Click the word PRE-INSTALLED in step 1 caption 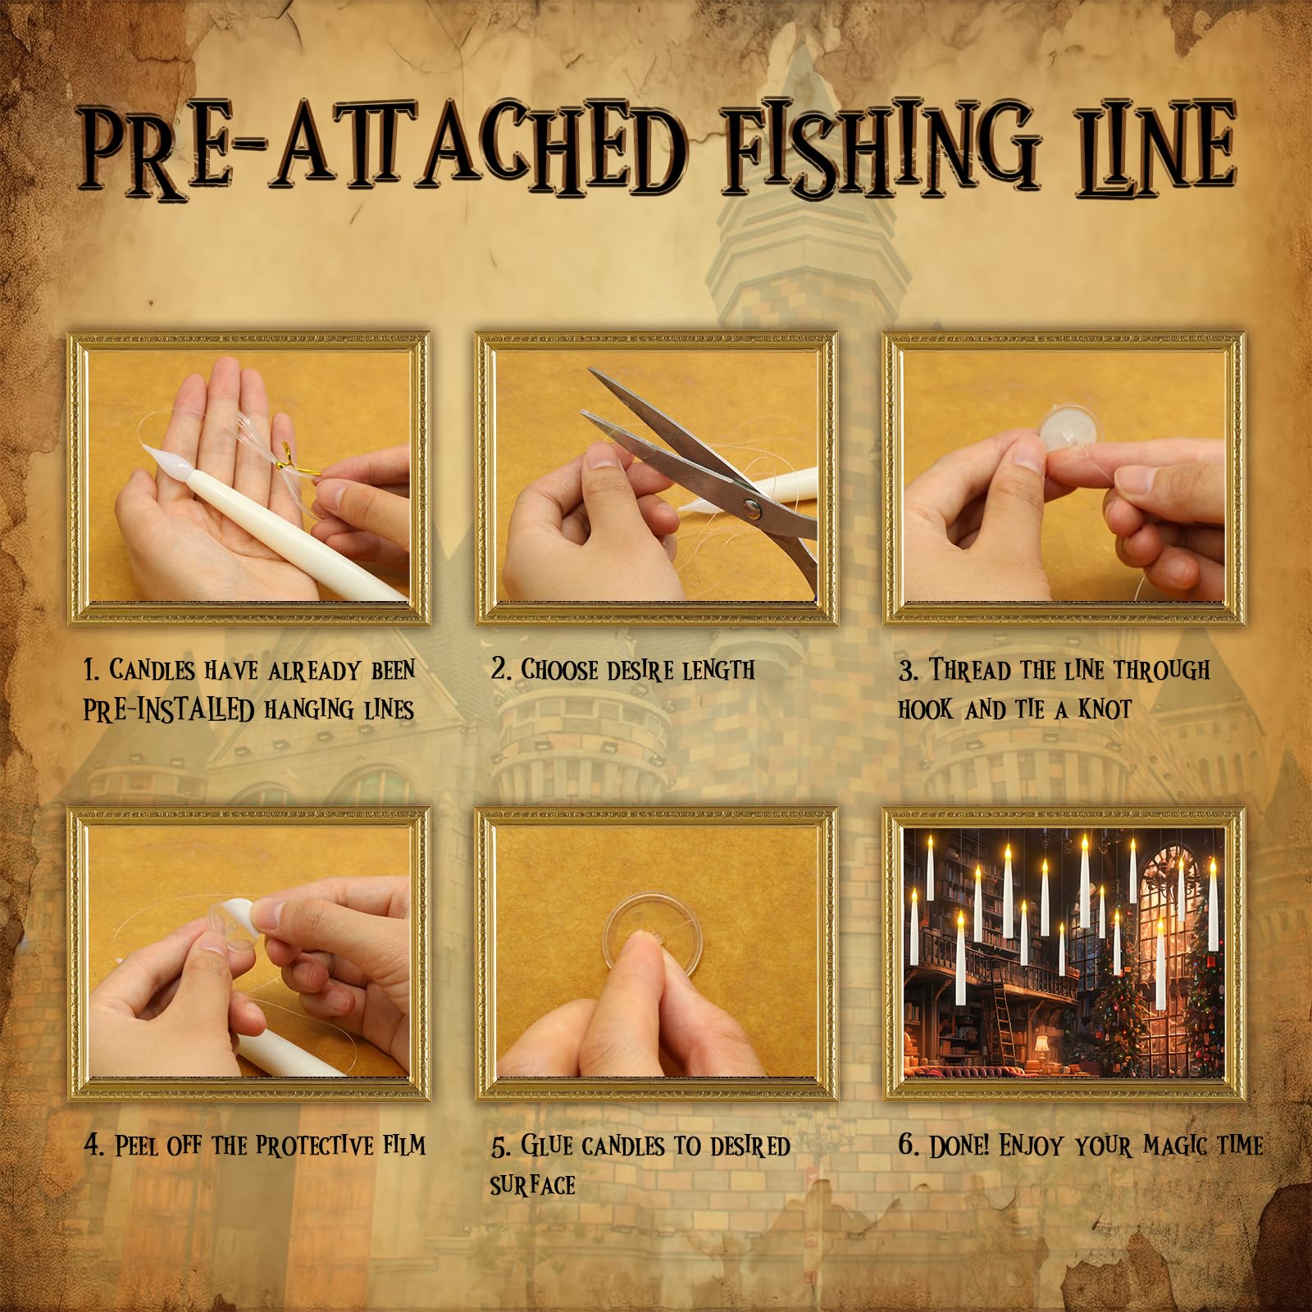(168, 710)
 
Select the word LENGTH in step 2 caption (709, 671)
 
